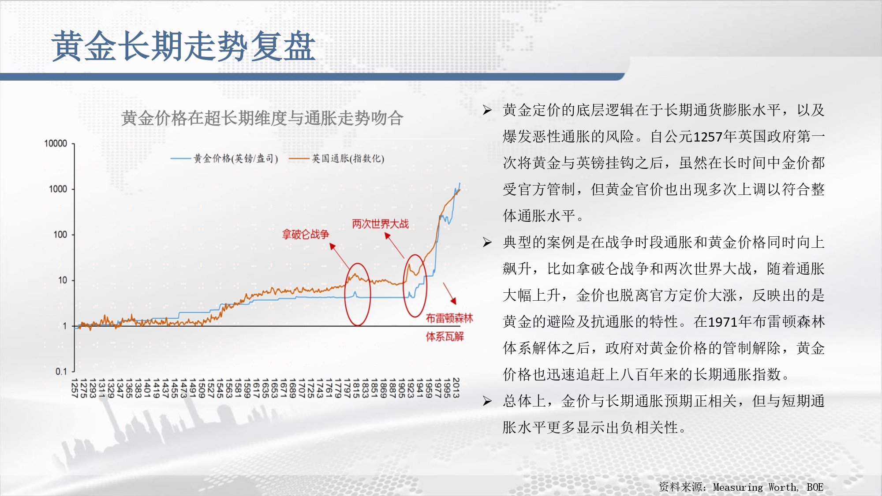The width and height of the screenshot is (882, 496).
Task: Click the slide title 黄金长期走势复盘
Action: coord(183,46)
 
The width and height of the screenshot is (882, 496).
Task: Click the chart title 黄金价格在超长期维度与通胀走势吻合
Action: coord(262,118)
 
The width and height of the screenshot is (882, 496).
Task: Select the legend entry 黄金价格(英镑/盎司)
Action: coord(224,158)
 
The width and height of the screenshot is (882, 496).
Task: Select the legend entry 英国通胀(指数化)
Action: coord(336,158)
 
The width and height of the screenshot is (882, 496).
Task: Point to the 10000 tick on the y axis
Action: coord(56,143)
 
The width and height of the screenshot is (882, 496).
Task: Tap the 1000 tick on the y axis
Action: coord(58,189)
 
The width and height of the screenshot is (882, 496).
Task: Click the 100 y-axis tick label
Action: coord(60,235)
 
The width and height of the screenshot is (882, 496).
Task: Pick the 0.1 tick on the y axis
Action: coord(61,372)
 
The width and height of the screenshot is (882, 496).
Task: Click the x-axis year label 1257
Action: coord(75,388)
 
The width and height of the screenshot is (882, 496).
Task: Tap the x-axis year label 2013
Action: coord(456,388)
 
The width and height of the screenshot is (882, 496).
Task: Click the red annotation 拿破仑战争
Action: coord(306,234)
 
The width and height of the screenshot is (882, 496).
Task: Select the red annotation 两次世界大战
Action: coord(380,224)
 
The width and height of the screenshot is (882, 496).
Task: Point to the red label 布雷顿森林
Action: coord(449,318)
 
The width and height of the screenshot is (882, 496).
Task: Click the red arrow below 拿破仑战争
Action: coord(340,256)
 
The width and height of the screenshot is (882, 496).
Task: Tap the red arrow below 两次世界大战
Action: coord(394,246)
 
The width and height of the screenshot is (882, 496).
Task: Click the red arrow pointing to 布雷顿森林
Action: coord(450,294)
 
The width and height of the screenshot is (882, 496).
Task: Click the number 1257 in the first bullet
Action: coord(708,137)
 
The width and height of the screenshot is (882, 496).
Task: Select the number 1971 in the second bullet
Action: coord(723,322)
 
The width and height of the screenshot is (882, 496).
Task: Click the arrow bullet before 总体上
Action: coord(487,401)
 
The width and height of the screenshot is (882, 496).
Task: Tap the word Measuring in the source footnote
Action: coord(738,487)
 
